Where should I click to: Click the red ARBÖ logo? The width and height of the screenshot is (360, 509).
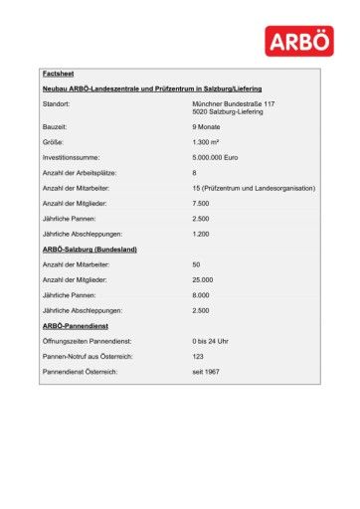point(300,43)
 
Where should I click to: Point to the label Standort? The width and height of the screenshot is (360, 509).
point(58,103)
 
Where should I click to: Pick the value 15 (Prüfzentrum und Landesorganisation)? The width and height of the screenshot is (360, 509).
point(254,188)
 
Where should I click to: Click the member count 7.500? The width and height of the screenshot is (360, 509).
point(202,203)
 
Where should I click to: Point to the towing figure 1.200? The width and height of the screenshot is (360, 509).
point(202,233)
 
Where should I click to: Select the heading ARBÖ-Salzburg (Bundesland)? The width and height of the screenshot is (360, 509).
point(90,249)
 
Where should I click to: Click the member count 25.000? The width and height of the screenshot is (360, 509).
point(204,280)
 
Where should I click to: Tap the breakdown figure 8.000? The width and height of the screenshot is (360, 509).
point(202,295)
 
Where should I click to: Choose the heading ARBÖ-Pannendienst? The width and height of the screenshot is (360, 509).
point(76,326)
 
